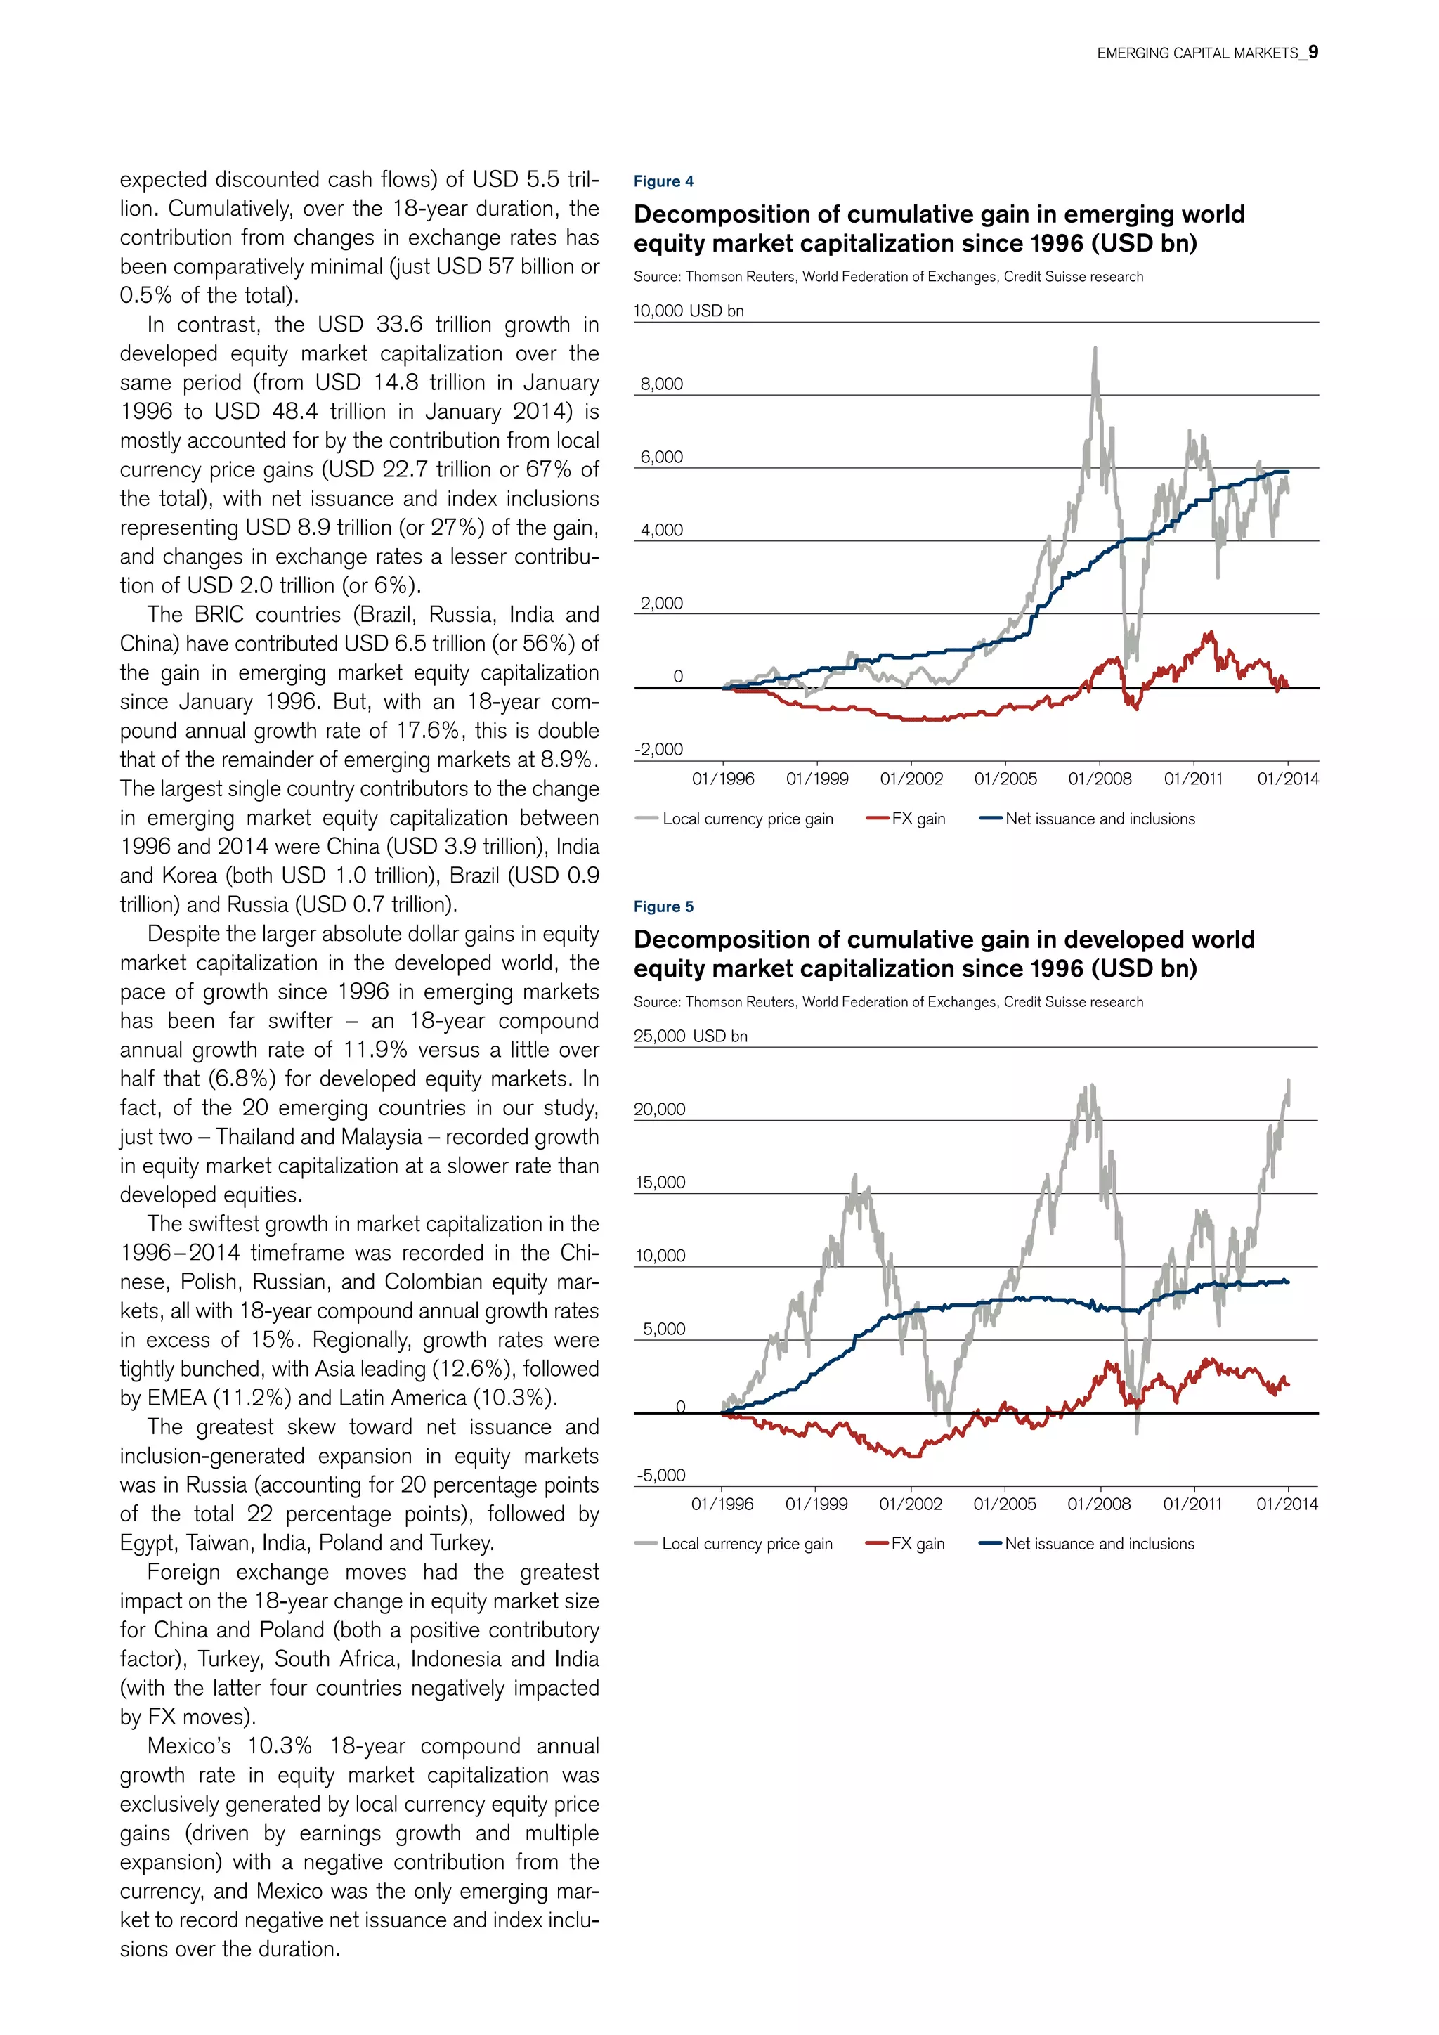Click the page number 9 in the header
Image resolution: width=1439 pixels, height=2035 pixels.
tap(1313, 52)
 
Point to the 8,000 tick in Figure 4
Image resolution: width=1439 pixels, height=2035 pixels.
tap(661, 384)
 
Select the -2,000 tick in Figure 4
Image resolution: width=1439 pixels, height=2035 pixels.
tap(658, 749)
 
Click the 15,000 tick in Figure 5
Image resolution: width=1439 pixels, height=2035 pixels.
tap(660, 1183)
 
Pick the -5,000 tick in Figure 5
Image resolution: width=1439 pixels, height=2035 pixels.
tap(660, 1475)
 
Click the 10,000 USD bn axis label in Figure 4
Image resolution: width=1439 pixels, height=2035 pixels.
tap(689, 311)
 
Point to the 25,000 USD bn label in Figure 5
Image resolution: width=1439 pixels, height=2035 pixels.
tap(690, 1036)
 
